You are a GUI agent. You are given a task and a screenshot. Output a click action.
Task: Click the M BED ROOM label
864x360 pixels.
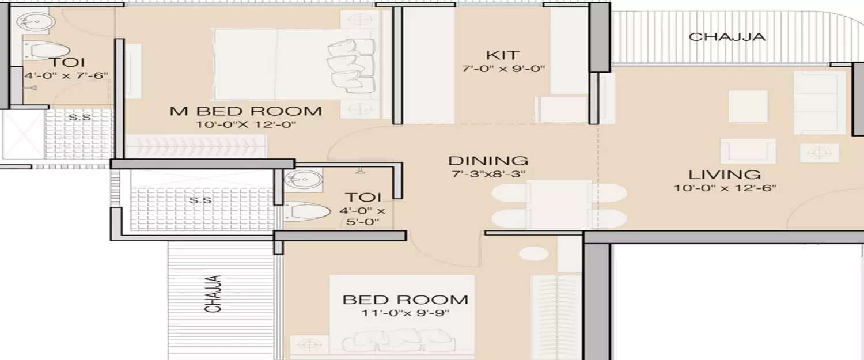[245, 111]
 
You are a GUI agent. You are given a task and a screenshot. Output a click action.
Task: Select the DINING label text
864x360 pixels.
[488, 161]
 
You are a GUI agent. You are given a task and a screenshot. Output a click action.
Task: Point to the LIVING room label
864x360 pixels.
[725, 175]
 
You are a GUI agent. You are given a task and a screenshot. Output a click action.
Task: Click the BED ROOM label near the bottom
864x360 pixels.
[405, 300]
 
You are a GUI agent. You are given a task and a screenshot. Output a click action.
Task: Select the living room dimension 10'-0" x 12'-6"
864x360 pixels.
[725, 188]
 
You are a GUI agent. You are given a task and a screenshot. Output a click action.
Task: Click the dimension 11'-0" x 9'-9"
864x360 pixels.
[405, 313]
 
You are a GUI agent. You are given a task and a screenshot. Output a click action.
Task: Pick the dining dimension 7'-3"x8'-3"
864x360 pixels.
[488, 173]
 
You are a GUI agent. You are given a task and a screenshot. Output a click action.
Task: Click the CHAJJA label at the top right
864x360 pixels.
[727, 37]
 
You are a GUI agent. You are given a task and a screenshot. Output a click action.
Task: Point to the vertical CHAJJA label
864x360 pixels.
[214, 294]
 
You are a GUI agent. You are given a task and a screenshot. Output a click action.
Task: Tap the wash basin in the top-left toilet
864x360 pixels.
[36, 22]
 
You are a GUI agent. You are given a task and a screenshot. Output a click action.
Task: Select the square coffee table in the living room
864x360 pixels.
[748, 107]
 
